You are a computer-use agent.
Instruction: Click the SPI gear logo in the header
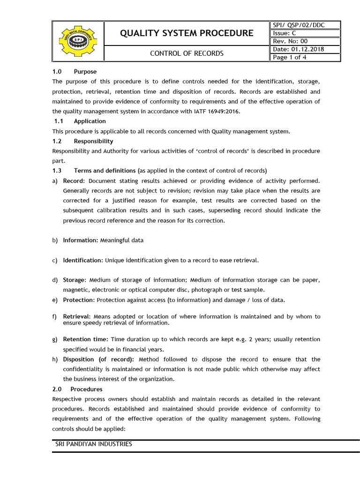(77, 41)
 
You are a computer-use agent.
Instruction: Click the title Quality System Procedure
(187, 33)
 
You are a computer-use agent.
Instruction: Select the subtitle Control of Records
(187, 53)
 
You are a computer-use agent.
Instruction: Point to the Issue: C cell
(284, 33)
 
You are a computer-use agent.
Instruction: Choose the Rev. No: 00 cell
(290, 41)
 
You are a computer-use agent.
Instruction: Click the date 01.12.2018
(307, 49)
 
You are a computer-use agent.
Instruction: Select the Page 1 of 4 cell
(290, 57)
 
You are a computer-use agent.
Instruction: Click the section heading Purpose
(85, 72)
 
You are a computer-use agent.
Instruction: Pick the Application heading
(90, 121)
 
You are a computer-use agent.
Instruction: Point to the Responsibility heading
(93, 141)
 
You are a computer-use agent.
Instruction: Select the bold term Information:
(81, 240)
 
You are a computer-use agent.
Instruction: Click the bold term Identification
(82, 260)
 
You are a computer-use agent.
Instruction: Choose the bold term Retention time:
(86, 339)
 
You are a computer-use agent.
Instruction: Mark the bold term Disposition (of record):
(98, 360)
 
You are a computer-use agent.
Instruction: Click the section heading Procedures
(86, 389)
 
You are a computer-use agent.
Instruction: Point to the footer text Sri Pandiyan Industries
(94, 444)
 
